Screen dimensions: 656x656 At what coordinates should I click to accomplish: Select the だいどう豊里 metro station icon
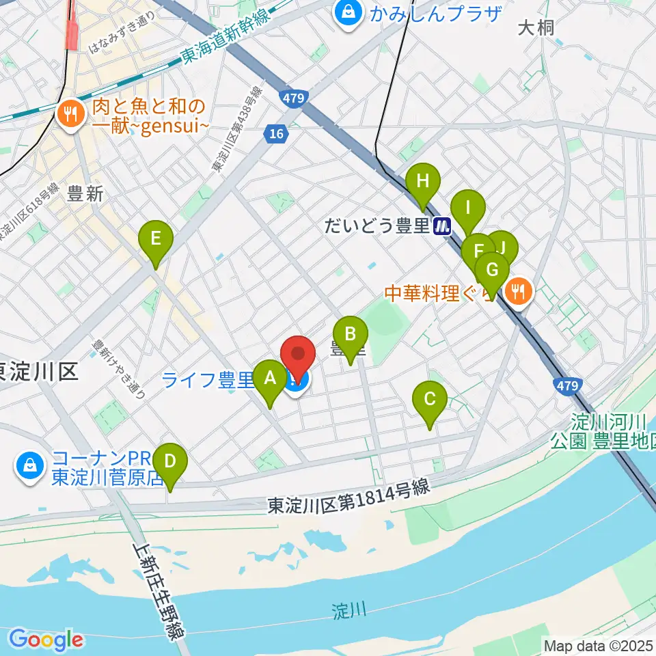click(x=443, y=226)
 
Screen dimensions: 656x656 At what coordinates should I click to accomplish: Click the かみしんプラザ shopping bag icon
click(x=349, y=13)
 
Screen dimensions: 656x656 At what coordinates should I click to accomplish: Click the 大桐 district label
click(x=535, y=28)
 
